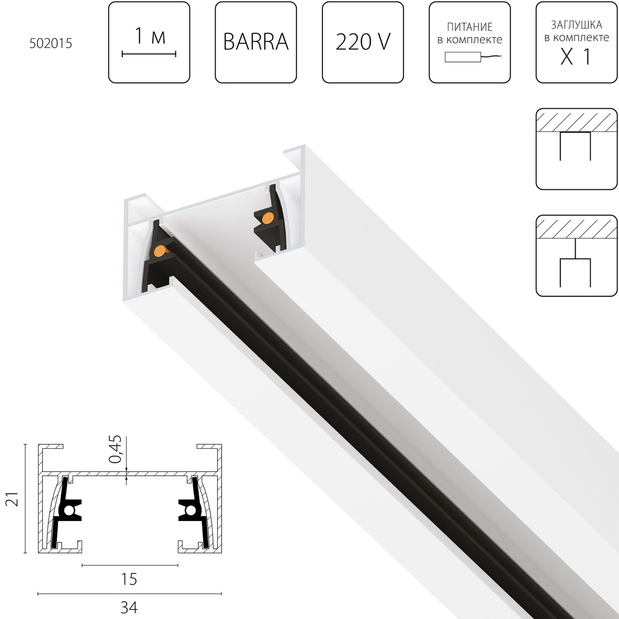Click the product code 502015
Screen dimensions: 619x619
[x=51, y=43]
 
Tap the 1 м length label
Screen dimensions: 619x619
[x=150, y=36]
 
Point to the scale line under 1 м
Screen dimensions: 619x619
[x=149, y=54]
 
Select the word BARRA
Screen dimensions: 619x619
[x=256, y=42]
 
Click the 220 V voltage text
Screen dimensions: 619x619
[x=363, y=42]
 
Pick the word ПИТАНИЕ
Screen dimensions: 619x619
[x=469, y=27]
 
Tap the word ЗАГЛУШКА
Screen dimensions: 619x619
[x=577, y=25]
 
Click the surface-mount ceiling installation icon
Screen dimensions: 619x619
[x=577, y=149]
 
